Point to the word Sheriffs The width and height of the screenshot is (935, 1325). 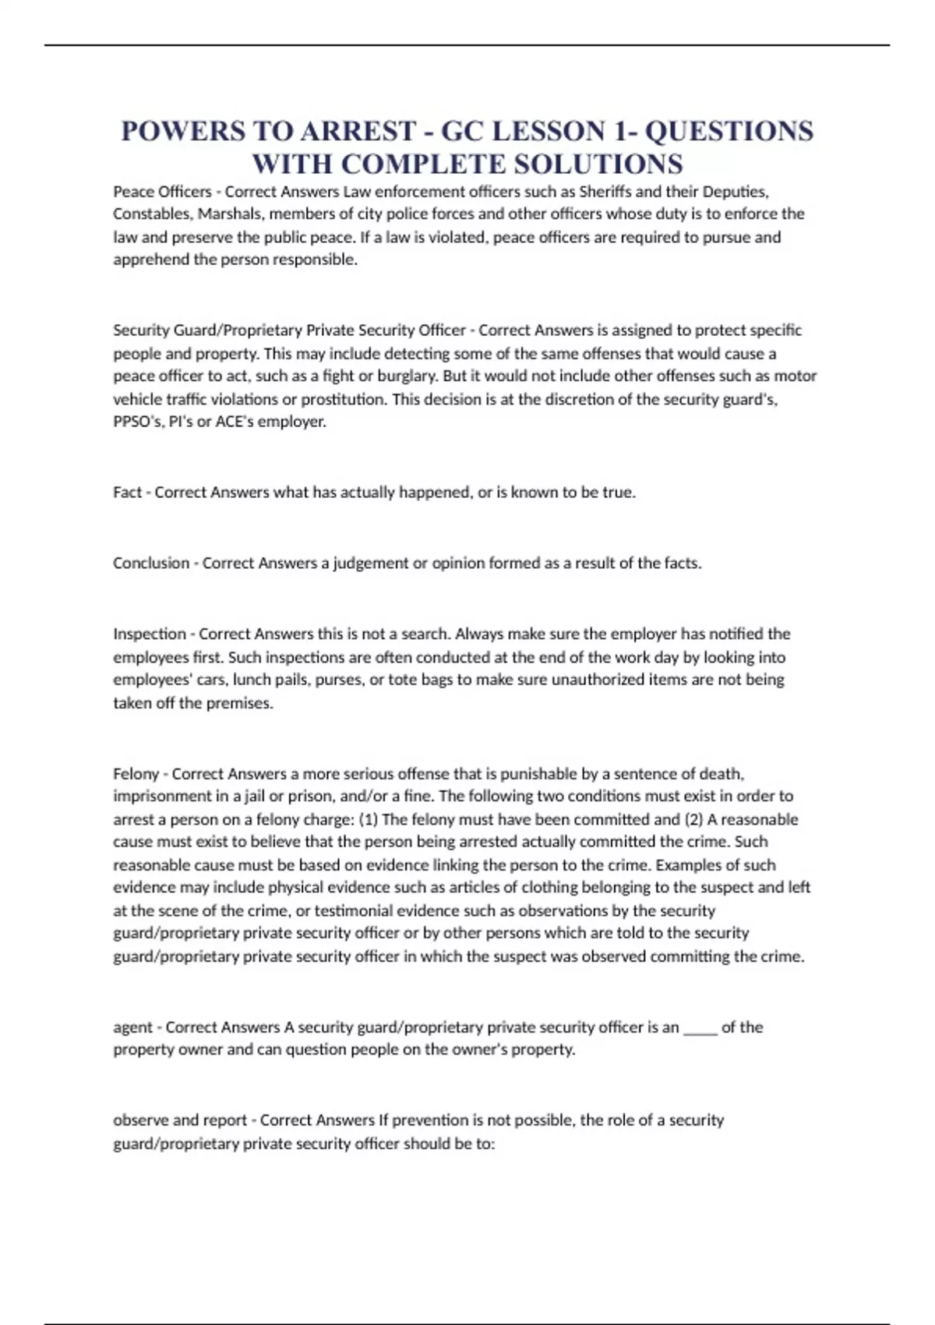click(x=605, y=191)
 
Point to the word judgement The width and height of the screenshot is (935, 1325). click(x=370, y=563)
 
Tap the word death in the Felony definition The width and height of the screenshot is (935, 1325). click(x=721, y=774)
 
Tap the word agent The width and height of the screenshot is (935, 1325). click(x=132, y=1027)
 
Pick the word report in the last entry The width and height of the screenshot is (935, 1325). click(x=225, y=1120)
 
